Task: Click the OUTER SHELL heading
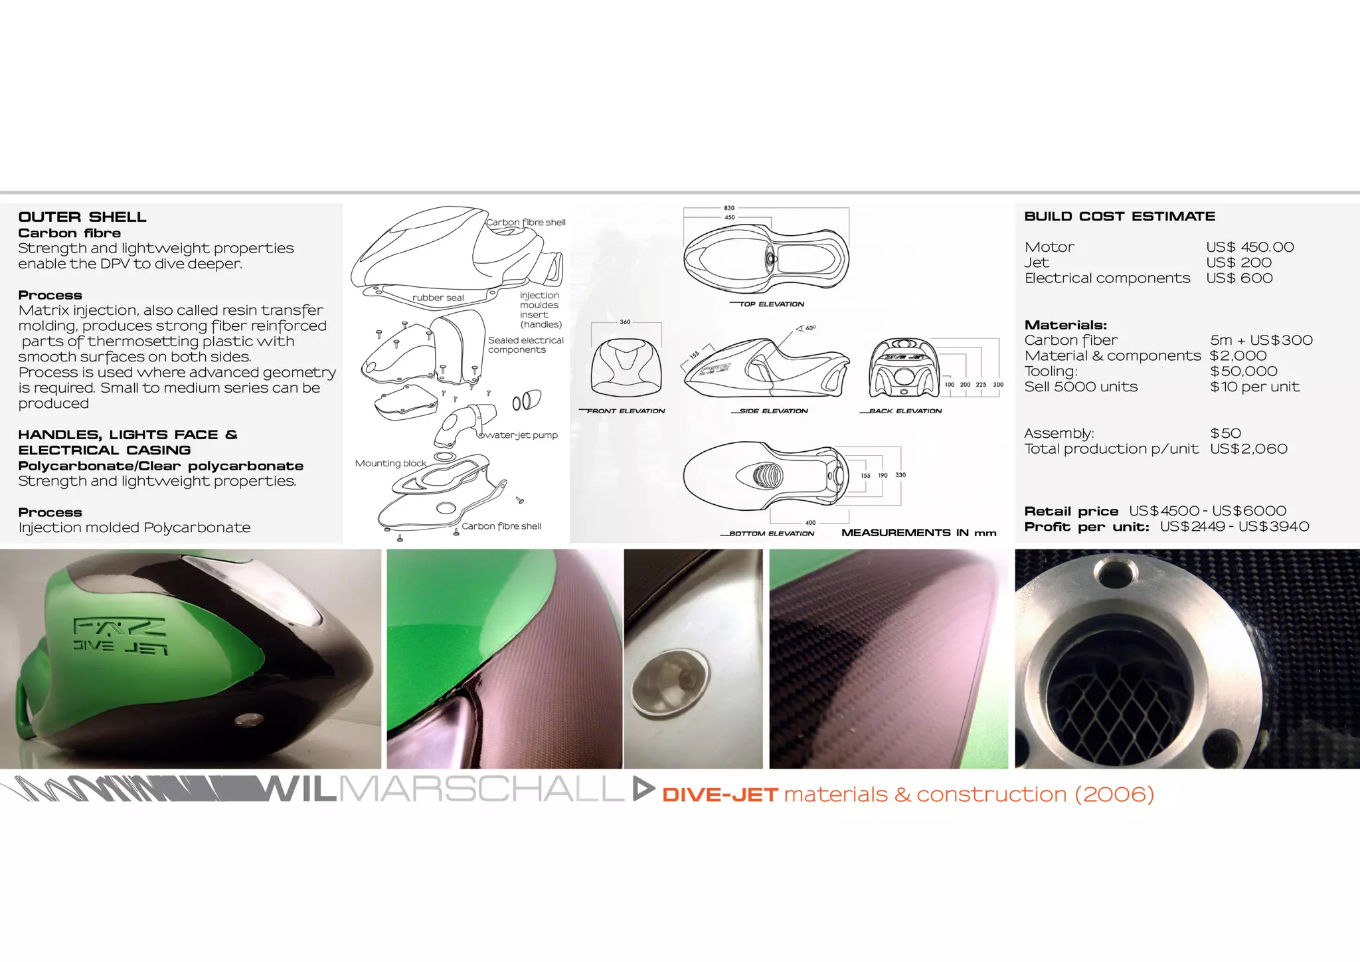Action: [82, 217]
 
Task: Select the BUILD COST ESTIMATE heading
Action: [1120, 217]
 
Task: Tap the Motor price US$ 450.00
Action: [1250, 247]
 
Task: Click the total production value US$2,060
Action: [1248, 449]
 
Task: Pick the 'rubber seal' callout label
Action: [438, 298]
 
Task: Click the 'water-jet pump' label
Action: [521, 435]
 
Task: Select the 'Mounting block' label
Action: [390, 463]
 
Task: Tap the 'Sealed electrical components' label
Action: [525, 345]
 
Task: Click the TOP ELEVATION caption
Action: [772, 304]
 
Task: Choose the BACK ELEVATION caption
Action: [905, 411]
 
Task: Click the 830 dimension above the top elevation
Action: [729, 208]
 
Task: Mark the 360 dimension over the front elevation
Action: [625, 322]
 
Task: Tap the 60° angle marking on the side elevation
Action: [810, 328]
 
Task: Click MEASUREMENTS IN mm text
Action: [918, 533]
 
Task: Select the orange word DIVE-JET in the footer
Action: [720, 795]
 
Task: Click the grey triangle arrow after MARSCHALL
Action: [642, 789]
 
